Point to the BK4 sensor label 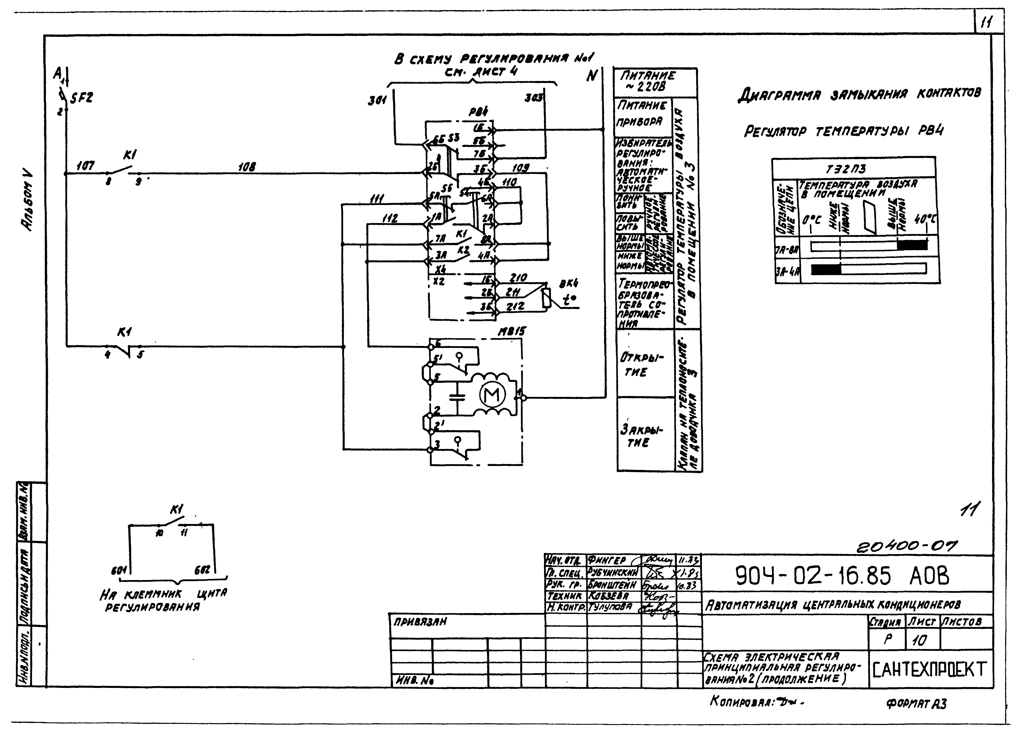569,284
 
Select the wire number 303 534,98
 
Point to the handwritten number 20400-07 907,546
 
